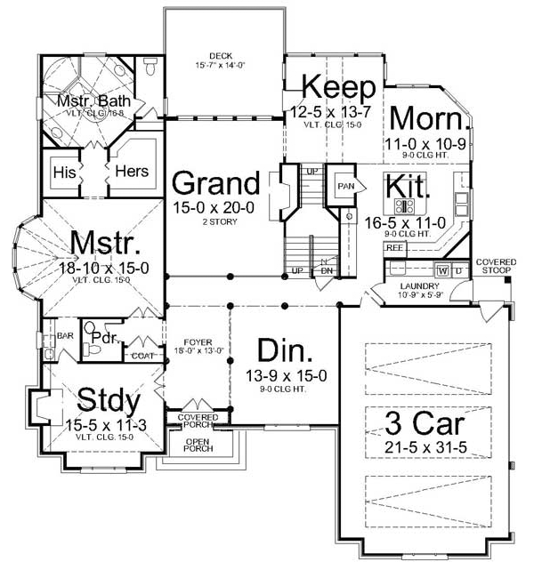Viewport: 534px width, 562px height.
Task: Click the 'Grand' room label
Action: click(215, 184)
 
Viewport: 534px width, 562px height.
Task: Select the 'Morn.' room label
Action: click(426, 118)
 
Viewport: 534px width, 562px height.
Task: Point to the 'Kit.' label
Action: click(409, 188)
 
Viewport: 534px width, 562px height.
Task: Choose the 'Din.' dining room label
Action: click(282, 349)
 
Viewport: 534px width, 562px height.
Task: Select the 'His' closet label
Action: click(62, 171)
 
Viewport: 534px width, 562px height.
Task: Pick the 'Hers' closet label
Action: click(131, 171)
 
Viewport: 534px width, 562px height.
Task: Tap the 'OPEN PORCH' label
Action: click(197, 445)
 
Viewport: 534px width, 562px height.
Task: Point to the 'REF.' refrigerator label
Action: click(394, 250)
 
